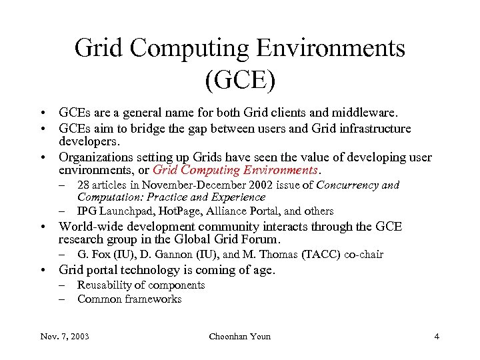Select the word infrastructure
[374, 128]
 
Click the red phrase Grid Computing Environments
[234, 170]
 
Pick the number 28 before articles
[84, 185]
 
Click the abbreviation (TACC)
[321, 255]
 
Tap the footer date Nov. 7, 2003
[63, 336]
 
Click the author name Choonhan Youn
[240, 336]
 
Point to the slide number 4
[436, 336]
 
